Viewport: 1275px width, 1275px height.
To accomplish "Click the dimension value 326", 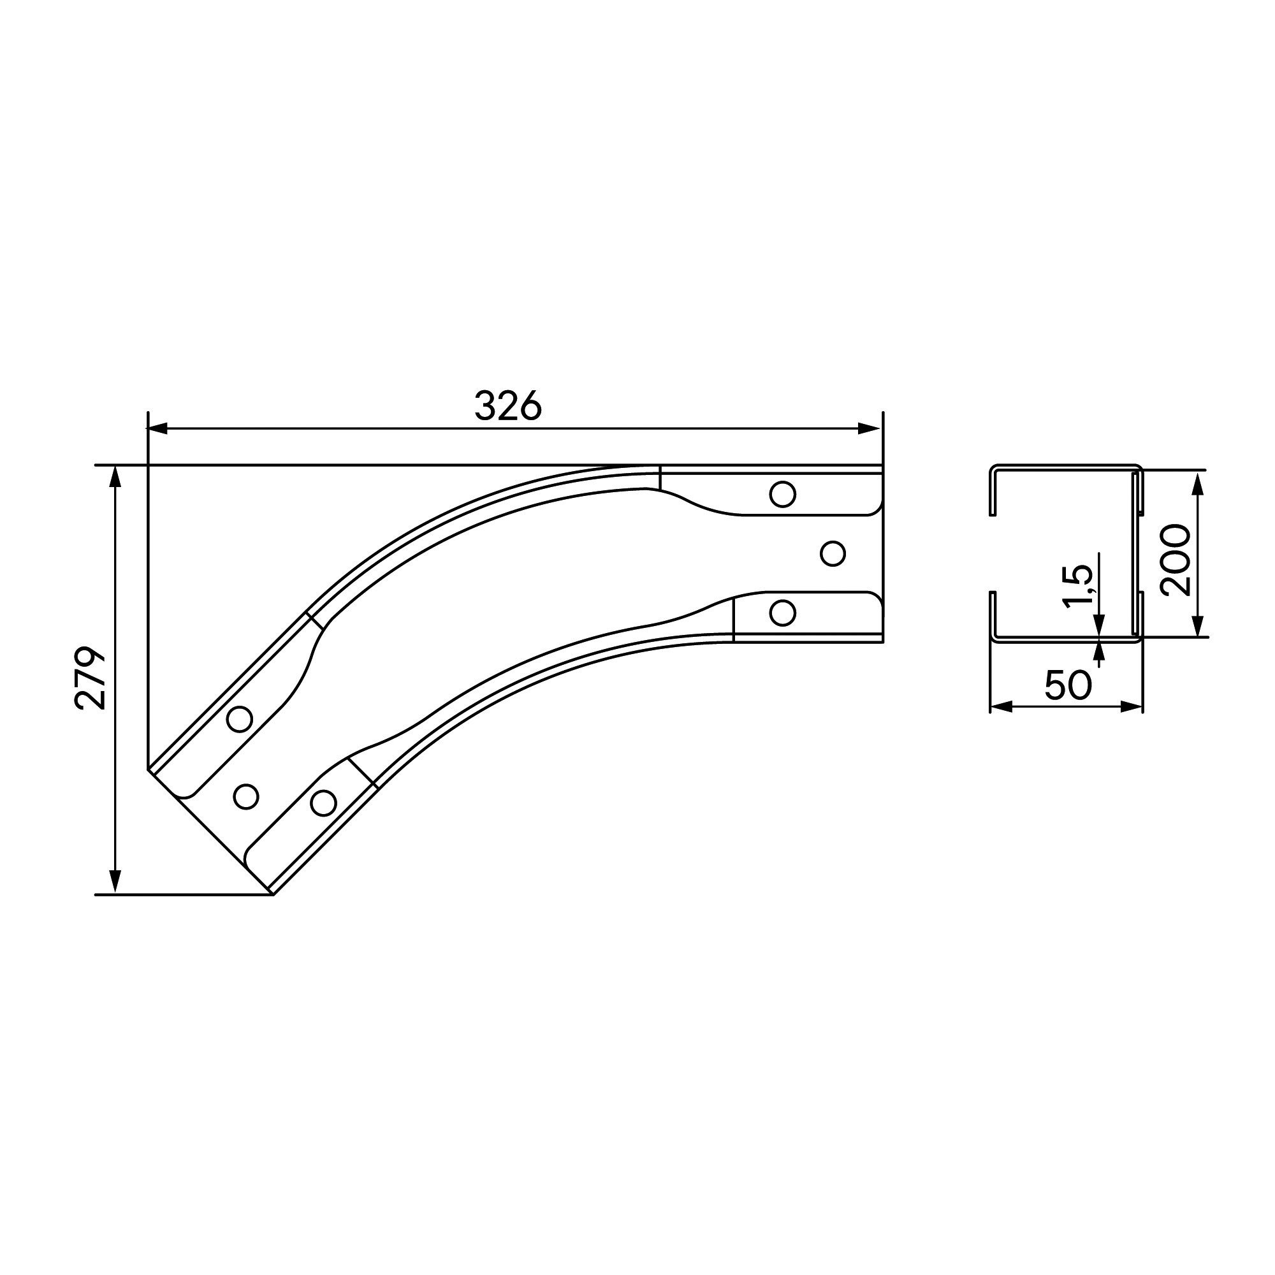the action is pyautogui.click(x=508, y=405).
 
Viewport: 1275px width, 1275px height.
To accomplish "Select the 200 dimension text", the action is pyautogui.click(x=1176, y=560).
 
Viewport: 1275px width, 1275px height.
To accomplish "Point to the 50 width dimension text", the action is pyautogui.click(x=1068, y=686).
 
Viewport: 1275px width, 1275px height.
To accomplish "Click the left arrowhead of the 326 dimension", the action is pyautogui.click(x=157, y=428).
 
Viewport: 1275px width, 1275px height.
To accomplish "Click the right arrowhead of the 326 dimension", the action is pyautogui.click(x=870, y=428).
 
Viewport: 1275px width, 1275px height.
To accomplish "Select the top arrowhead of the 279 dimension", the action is pyautogui.click(x=115, y=477).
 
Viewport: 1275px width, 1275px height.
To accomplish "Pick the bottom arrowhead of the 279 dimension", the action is pyautogui.click(x=115, y=882).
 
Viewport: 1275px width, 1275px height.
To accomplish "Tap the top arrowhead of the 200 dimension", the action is pyautogui.click(x=1198, y=483).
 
